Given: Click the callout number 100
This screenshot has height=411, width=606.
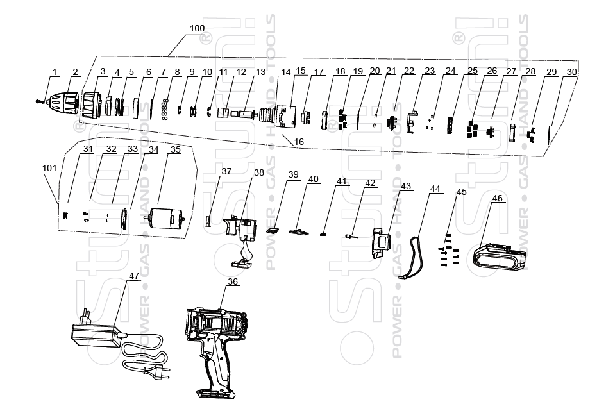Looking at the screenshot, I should tap(198, 29).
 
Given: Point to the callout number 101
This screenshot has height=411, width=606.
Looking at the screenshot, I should tap(49, 169).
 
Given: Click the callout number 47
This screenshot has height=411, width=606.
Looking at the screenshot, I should tap(134, 275).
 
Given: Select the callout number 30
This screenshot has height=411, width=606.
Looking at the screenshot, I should tap(571, 72).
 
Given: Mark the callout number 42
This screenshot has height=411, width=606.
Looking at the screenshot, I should tap(370, 183).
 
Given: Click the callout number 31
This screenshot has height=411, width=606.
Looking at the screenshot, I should tap(88, 149).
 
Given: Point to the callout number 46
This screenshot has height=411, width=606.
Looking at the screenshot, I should tap(497, 198).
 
